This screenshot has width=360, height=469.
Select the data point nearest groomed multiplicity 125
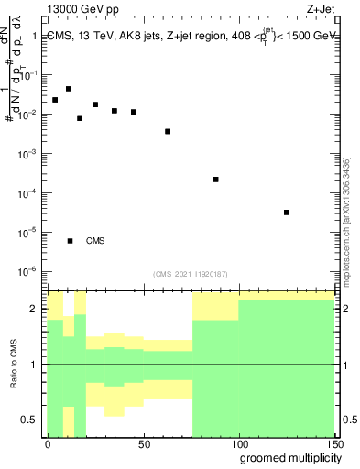287,213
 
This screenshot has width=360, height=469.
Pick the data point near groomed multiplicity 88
215,180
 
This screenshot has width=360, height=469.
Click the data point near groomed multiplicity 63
168,131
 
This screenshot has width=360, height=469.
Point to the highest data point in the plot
69,89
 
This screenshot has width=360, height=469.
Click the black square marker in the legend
70,241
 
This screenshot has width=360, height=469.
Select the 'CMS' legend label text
95,241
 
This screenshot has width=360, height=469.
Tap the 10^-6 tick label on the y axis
28,271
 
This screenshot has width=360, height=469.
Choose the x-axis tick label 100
238,444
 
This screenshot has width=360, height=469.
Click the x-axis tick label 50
143,444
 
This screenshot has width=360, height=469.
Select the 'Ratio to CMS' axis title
14,365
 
